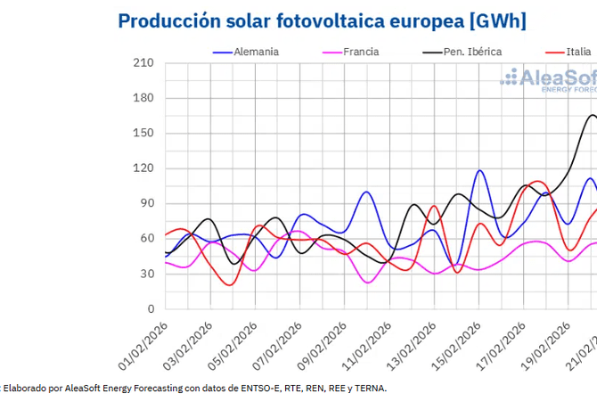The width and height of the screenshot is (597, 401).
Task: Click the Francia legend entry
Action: [x=356, y=52]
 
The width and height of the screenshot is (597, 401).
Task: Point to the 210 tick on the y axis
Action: [x=143, y=63]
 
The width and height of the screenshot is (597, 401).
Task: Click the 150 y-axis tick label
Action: [x=143, y=134]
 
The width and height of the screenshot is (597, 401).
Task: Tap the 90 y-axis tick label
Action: [x=146, y=203]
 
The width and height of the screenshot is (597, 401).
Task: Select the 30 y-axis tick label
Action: [x=146, y=274]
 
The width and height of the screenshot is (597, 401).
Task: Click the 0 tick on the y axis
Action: [x=150, y=308]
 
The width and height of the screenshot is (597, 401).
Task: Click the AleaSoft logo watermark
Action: [x=548, y=80]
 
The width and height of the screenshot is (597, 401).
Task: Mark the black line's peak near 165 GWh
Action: [x=593, y=115]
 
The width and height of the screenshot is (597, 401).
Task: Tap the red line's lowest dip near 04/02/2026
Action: [x=232, y=285]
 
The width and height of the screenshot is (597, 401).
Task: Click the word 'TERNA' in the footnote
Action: [x=369, y=388]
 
